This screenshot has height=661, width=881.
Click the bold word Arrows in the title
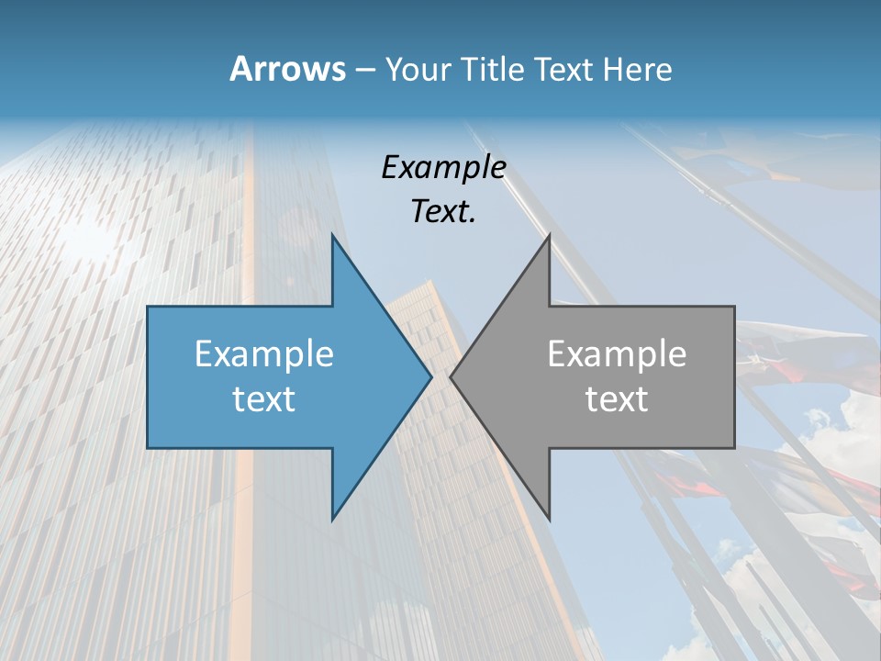(287, 69)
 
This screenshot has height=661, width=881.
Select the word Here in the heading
(638, 69)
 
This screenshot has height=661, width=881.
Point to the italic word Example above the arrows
(443, 167)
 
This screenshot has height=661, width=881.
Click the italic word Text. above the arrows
(443, 211)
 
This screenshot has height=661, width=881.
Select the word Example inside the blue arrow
(263, 353)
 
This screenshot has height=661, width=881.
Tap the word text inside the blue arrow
(263, 398)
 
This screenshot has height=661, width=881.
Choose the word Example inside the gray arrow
(617, 353)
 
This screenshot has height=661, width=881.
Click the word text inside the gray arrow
(617, 398)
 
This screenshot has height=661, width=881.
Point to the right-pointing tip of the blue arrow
(430, 376)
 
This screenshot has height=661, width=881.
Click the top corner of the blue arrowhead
(332, 236)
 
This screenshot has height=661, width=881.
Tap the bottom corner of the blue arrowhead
(332, 519)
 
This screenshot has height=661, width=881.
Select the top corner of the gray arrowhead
(549, 236)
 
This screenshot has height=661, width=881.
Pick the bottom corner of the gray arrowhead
(549, 519)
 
